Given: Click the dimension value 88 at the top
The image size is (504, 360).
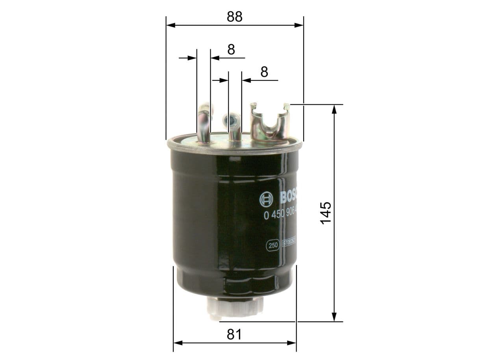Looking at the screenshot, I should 234,16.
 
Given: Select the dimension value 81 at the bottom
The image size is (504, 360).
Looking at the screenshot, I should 234,334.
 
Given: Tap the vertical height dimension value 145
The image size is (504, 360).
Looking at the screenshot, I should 326,213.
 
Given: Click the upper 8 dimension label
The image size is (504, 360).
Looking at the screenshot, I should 231,50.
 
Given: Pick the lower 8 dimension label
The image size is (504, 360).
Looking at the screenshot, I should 264,72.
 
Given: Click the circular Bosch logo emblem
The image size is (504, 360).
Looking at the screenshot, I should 266,200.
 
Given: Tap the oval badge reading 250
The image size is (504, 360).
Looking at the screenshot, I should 273,245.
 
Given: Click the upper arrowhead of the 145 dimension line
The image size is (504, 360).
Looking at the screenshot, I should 334,109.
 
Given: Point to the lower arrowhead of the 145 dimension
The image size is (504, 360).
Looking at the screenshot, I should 334,317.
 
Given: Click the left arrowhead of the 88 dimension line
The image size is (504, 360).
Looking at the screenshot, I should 170,25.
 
